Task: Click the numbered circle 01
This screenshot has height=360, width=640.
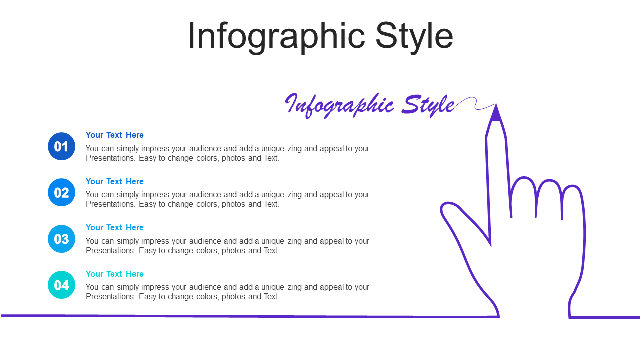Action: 61,146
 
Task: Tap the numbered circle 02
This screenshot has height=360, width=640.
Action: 61,192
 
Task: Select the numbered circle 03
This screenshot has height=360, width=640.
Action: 61,239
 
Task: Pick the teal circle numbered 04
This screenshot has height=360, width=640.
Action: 61,285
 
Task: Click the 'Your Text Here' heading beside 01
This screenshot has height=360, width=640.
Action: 115,135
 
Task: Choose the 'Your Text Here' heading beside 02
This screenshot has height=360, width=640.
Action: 115,181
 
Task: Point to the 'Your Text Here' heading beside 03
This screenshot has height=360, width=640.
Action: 115,227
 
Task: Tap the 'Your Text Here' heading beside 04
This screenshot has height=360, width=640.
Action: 115,274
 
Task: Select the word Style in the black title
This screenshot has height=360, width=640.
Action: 414,37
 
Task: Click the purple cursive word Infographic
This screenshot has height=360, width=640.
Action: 340,105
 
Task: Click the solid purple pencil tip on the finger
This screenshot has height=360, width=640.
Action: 496,113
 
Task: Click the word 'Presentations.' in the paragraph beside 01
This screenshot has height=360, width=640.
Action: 111,158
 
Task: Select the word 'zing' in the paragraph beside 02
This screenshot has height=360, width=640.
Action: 295,195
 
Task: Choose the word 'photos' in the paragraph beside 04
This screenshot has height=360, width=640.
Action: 234,297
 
